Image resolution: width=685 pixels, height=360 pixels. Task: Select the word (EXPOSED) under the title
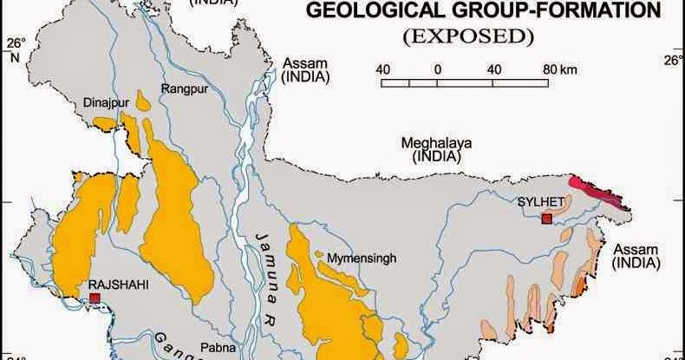[466, 36]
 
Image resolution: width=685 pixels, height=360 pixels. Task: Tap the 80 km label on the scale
[560, 69]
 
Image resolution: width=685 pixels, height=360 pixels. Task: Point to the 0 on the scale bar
[438, 69]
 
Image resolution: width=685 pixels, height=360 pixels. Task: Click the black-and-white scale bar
[465, 83]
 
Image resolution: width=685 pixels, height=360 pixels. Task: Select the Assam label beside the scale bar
[305, 69]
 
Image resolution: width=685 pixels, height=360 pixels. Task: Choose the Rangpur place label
[180, 88]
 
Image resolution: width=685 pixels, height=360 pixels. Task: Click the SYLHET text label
[541, 202]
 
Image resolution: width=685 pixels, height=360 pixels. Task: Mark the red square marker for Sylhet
[546, 219]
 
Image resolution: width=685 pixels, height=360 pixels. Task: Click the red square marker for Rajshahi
[95, 298]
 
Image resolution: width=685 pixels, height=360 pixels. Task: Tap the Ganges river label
[173, 344]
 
